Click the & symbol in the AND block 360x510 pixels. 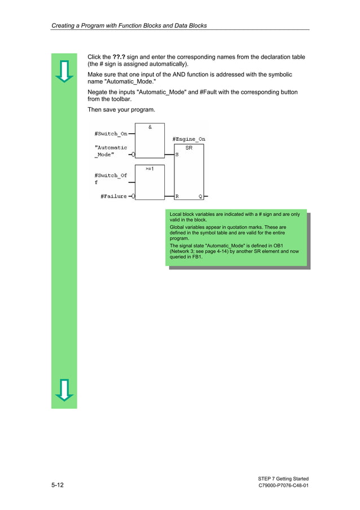[x=150, y=127]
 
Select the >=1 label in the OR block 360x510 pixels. [x=150, y=168]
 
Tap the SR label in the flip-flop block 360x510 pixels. [x=189, y=147]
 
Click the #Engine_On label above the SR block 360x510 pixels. [x=188, y=139]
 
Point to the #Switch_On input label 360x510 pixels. [x=111, y=134]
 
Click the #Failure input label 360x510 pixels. [x=113, y=197]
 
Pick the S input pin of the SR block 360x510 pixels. [x=177, y=154]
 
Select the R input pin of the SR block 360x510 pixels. [x=177, y=197]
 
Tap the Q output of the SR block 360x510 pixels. [x=200, y=197]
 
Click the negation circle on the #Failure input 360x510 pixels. [x=132, y=197]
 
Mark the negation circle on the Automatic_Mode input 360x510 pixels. [x=132, y=154]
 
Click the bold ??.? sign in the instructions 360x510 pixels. [x=118, y=57]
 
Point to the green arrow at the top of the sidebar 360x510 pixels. [x=64, y=71]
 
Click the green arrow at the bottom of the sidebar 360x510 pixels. [x=64, y=390]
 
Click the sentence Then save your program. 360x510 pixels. [x=121, y=109]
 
